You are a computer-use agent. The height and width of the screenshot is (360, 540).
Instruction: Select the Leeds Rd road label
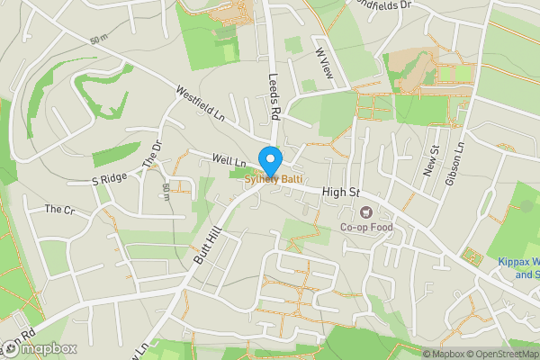[275, 96]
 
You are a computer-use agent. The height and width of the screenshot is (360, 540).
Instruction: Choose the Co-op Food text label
[366, 228]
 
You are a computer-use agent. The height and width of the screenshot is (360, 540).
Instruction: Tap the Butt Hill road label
[206, 246]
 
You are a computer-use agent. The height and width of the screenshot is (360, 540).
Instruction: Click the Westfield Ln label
[200, 103]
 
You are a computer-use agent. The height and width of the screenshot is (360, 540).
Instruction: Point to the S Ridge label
[110, 180]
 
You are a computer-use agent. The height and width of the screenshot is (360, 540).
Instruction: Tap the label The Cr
[60, 209]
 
